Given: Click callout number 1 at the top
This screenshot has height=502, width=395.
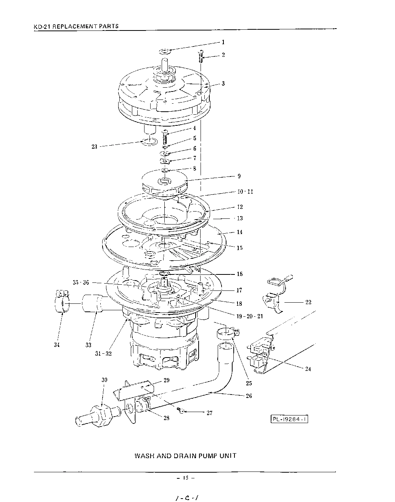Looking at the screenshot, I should (x=223, y=42).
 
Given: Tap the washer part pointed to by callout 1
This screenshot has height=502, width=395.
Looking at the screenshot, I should (x=165, y=51).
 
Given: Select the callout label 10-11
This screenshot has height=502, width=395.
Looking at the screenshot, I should (x=245, y=192).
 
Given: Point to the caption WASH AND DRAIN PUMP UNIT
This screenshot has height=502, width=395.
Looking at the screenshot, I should (x=185, y=455).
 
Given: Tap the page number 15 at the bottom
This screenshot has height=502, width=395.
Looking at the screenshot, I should (x=186, y=478).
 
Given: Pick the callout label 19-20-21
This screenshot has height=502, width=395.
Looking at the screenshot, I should (x=249, y=316).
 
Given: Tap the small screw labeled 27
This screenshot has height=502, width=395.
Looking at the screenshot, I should (x=182, y=411).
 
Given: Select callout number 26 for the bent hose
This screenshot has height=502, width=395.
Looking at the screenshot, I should (x=249, y=396).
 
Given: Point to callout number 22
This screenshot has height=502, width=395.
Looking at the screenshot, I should (x=308, y=302).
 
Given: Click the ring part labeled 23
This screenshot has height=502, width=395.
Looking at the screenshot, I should (x=149, y=143).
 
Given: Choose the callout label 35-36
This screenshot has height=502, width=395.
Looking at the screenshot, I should (x=81, y=282).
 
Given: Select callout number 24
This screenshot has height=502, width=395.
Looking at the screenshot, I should (x=308, y=369).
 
